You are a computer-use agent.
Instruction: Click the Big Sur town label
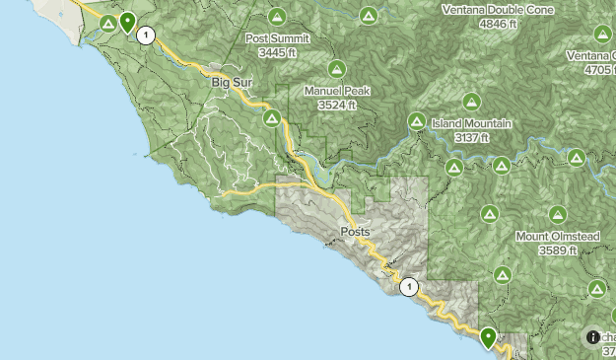(233, 83)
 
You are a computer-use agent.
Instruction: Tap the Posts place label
(355, 232)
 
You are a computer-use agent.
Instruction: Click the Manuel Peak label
(336, 91)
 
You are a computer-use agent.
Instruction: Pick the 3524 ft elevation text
(336, 104)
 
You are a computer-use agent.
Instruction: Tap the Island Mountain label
(471, 124)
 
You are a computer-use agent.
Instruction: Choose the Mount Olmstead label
(557, 237)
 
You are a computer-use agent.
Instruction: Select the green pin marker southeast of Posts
(488, 337)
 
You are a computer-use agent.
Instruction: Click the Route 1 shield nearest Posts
(409, 287)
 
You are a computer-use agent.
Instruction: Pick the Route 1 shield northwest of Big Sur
(146, 36)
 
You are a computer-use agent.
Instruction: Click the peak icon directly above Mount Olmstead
(557, 214)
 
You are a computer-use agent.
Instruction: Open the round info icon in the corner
(593, 336)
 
